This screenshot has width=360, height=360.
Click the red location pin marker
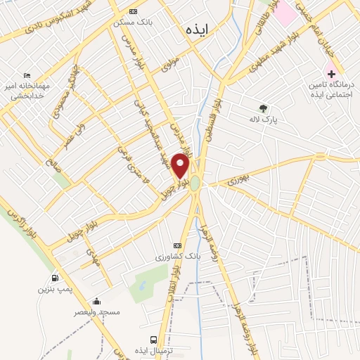coord(181,165)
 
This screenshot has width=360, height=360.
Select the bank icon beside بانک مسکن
coord(134,12)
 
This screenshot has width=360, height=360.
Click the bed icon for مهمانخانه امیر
coord(27,75)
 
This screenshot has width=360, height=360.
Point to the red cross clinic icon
coord(330,73)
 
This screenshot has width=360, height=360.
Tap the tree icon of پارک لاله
coord(263,108)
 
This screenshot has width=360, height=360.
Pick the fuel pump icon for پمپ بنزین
coord(56,277)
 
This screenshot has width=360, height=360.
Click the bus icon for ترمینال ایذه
coord(155,338)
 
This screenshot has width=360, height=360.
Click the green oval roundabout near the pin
coord(195,184)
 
